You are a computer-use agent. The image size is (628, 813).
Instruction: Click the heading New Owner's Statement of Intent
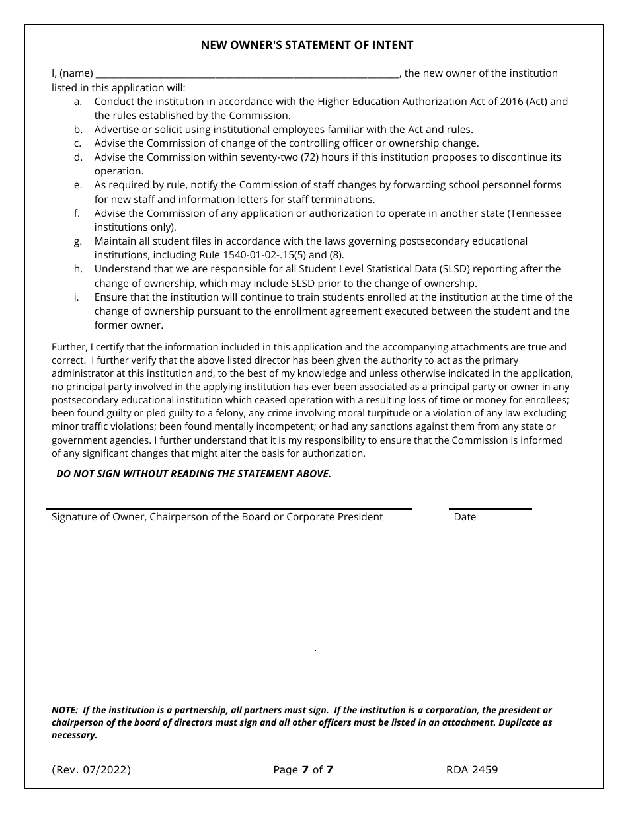(307, 45)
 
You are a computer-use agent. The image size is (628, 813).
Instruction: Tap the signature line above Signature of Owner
(229, 507)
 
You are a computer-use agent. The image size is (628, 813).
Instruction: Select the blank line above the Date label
(490, 507)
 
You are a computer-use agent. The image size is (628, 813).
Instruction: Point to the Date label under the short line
(465, 517)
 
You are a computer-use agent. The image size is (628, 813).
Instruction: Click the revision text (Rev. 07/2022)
(91, 769)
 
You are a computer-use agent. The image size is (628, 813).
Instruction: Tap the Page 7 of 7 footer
(303, 769)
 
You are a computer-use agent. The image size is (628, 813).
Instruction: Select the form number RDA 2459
(472, 769)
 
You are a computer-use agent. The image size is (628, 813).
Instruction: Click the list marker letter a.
(78, 102)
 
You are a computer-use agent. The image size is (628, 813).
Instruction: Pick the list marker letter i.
(77, 297)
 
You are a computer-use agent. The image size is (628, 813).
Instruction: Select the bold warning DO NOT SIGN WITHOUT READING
(194, 474)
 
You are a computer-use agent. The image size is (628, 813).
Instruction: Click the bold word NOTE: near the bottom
(65, 710)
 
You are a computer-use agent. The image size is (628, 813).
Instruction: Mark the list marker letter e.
(78, 186)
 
